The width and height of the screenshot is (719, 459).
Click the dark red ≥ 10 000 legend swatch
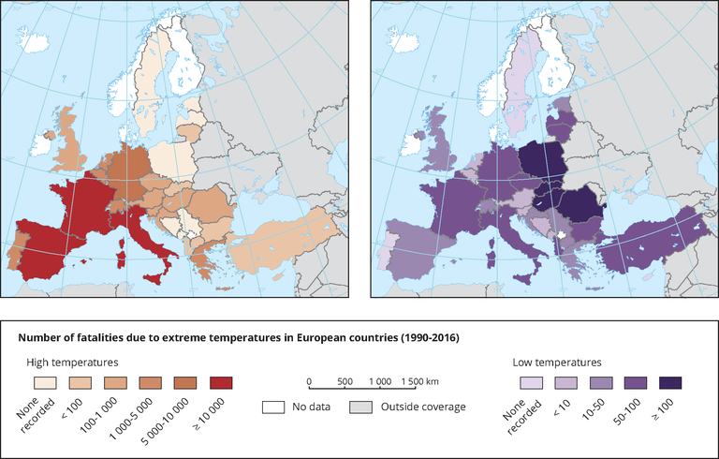click(220, 382)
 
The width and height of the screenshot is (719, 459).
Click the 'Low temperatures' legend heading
click(557, 361)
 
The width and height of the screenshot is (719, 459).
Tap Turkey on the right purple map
click(655, 244)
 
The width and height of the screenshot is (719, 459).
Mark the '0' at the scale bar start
click(308, 382)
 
